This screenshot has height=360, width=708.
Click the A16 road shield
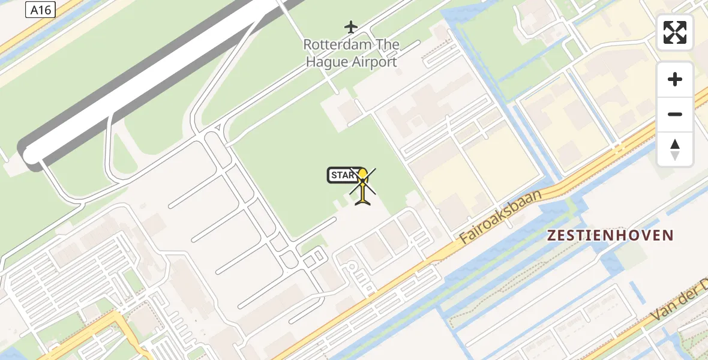41,9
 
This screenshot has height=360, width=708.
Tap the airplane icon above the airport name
351,26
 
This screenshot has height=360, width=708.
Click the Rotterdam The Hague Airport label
351,53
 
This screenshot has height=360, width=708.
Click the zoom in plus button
675,79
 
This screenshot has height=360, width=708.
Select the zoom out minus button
675,114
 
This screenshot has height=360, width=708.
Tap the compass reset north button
675,149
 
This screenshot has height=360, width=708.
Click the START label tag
343,175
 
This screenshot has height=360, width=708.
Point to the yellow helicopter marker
363,186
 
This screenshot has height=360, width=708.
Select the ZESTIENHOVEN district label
610,235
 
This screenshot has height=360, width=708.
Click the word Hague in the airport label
325,61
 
